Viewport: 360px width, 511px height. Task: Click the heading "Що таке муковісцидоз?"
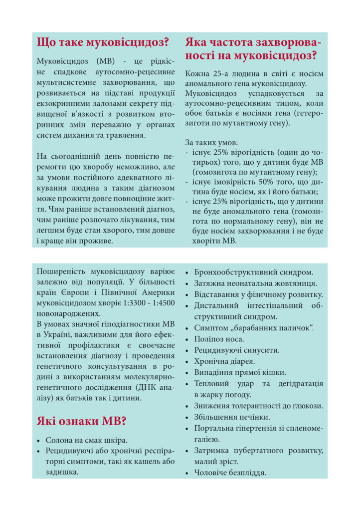click(x=103, y=42)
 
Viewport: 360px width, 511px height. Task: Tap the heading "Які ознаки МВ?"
click(x=81, y=421)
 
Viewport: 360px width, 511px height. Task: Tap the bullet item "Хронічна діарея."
click(x=224, y=361)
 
